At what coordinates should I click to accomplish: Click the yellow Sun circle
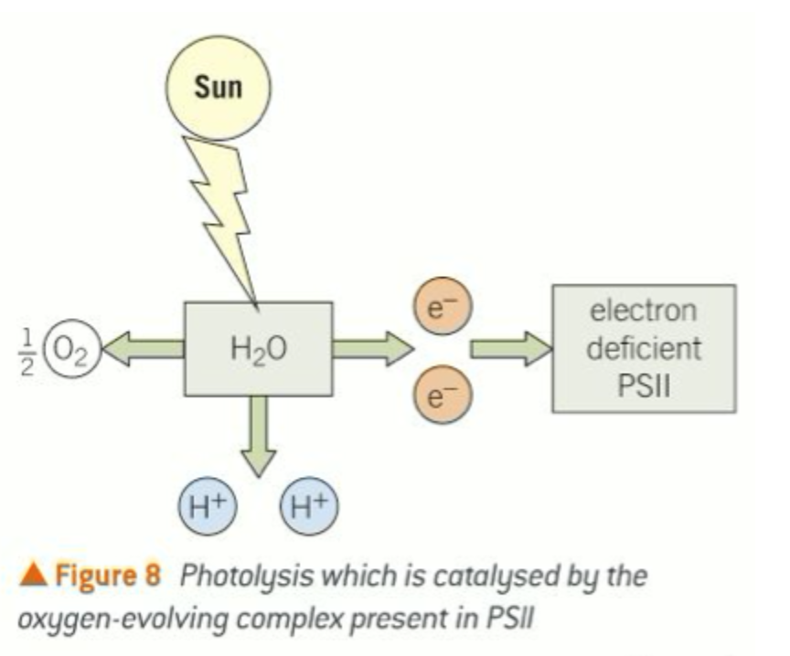[x=219, y=87]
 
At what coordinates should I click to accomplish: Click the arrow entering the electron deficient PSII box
[x=510, y=348]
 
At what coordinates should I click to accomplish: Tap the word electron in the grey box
[x=643, y=311]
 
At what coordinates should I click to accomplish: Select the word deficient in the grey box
[x=643, y=348]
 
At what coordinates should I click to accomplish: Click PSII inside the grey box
[x=643, y=385]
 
